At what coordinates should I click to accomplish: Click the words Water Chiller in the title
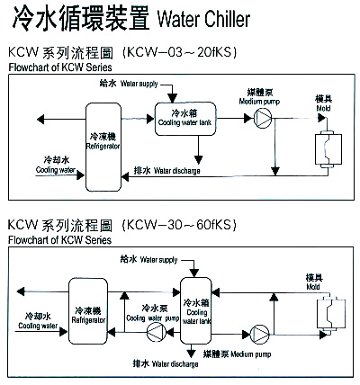[203, 19]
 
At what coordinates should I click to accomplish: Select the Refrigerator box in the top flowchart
[103, 147]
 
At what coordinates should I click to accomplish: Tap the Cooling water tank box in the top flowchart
[185, 119]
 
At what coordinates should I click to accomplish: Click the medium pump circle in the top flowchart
[263, 118]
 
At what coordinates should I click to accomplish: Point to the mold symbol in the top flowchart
[328, 149]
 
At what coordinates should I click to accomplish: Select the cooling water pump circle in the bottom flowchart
[157, 332]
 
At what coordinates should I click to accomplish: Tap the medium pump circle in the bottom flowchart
[260, 334]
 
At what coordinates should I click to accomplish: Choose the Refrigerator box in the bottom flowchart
[88, 311]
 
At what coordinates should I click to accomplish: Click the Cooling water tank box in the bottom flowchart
[196, 310]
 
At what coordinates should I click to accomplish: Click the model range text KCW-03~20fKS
[180, 52]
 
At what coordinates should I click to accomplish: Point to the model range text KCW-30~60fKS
[179, 225]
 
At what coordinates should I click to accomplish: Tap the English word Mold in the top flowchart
[323, 108]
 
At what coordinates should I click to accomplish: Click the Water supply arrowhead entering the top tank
[172, 98]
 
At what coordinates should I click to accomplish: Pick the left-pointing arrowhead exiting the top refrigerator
[40, 120]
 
